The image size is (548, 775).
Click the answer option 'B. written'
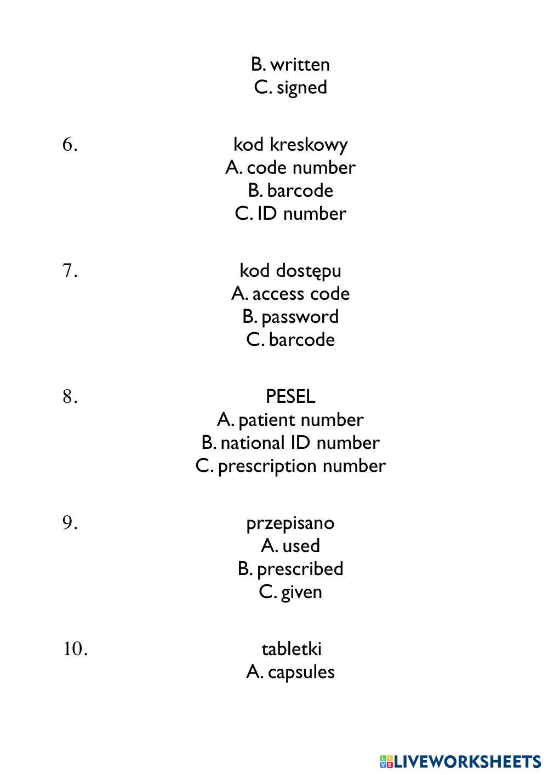290,65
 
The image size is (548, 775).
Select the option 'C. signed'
290,88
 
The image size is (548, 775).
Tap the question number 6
70,145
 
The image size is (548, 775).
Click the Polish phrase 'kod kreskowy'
290,145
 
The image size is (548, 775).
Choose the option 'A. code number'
290,168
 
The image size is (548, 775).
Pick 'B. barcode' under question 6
290,191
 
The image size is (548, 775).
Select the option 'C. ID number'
290,214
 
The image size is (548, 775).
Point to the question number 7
70,271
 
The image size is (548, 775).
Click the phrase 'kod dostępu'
290,271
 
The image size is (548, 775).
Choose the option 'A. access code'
290,294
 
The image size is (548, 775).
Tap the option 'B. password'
290,317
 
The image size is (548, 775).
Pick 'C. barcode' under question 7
290,340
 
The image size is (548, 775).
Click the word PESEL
290,396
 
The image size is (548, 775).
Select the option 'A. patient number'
290,420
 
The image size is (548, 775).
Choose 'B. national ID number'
290,443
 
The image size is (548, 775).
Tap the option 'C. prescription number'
290,466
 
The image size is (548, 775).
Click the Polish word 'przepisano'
290,523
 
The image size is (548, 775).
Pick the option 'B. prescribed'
290,569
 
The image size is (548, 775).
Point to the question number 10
75,649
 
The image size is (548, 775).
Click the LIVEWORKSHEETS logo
460,761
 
